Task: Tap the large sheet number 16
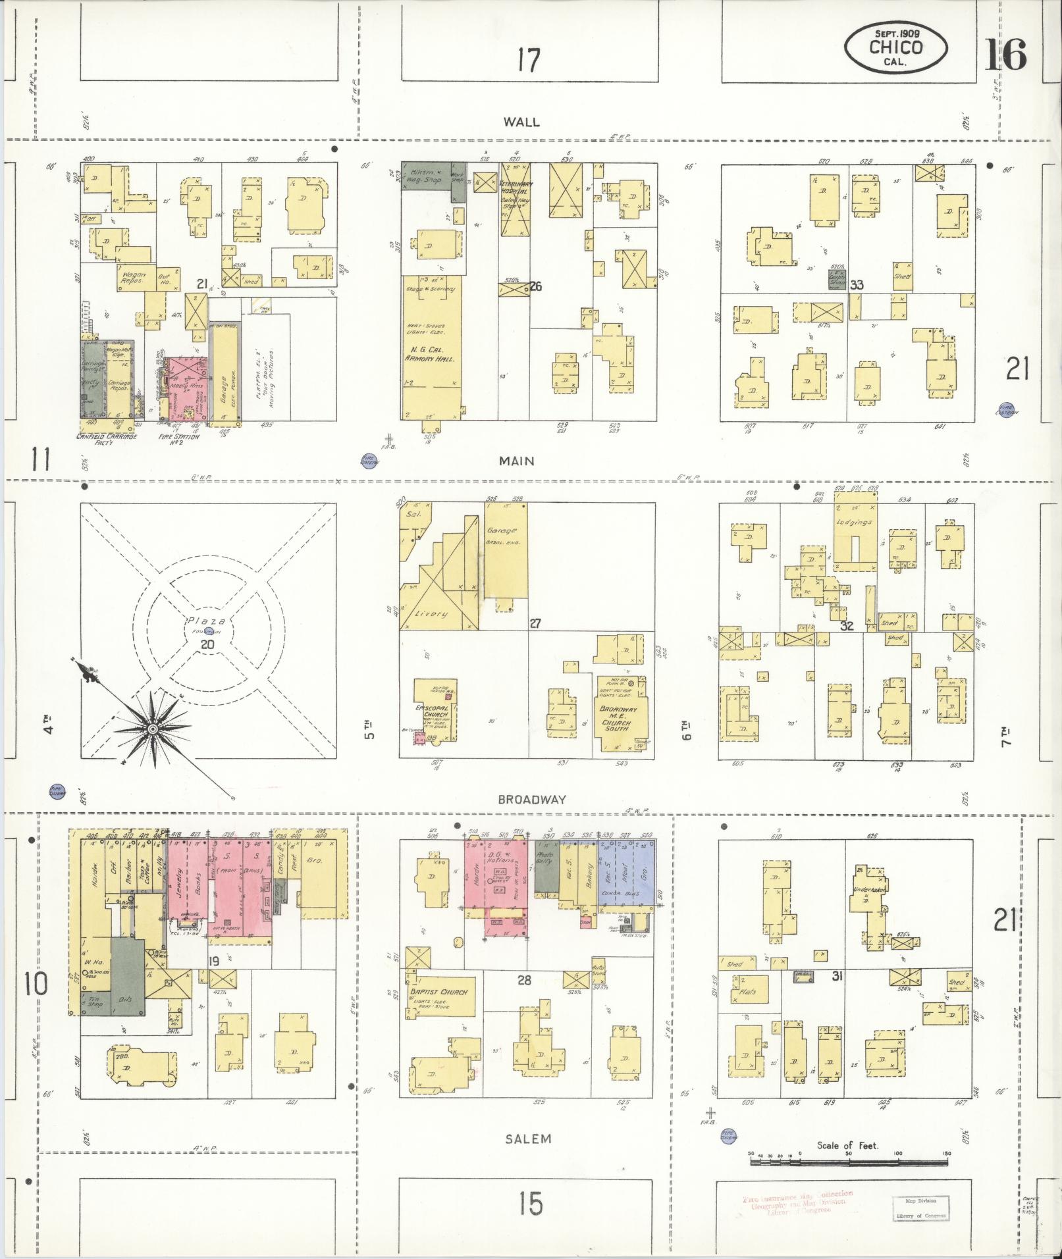(1005, 55)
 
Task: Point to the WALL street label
(521, 122)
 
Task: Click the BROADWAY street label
(532, 800)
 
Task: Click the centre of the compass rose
(152, 729)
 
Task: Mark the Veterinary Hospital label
(516, 188)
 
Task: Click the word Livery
(432, 613)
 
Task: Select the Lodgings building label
(854, 522)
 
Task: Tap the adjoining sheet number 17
(529, 61)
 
